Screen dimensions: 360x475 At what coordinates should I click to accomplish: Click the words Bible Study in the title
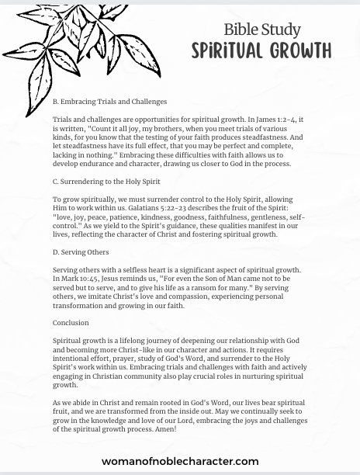pyautogui.click(x=261, y=29)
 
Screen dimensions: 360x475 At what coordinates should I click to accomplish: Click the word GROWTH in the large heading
pyautogui.click(x=298, y=51)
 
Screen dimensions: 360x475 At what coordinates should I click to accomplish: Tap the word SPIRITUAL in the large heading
pyautogui.click(x=227, y=51)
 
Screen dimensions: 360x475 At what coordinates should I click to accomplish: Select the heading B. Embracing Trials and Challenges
pyautogui.click(x=109, y=102)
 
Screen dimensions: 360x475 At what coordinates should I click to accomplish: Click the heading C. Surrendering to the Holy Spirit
pyautogui.click(x=106, y=182)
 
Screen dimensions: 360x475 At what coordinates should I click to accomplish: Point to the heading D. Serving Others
pyautogui.click(x=81, y=252)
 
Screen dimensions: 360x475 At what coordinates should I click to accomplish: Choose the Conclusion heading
pyautogui.click(x=71, y=323)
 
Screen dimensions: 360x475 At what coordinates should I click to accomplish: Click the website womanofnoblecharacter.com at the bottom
pyautogui.click(x=180, y=461)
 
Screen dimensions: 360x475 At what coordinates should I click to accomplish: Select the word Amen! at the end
pyautogui.click(x=164, y=429)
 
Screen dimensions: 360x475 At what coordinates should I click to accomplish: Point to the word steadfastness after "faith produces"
pyautogui.click(x=279, y=137)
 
